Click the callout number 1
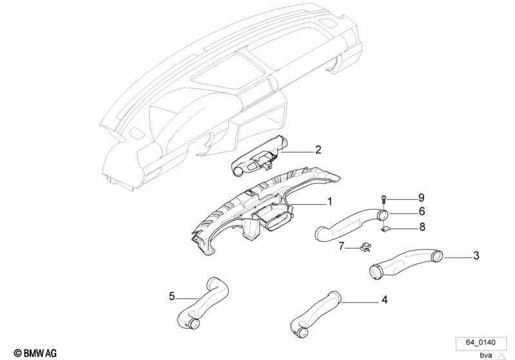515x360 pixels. (329, 202)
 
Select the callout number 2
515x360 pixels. (318, 150)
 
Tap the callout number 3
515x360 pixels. (476, 255)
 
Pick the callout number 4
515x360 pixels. (384, 300)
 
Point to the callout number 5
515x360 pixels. (172, 296)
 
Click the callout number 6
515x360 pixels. (422, 211)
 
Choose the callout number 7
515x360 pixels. (342, 246)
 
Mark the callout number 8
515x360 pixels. (422, 227)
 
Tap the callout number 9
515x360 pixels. (422, 198)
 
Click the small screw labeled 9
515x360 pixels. (384, 199)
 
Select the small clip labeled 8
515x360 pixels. (385, 229)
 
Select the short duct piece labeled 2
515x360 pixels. (258, 156)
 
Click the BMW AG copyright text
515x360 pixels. (35, 353)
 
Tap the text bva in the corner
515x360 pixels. (486, 355)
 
